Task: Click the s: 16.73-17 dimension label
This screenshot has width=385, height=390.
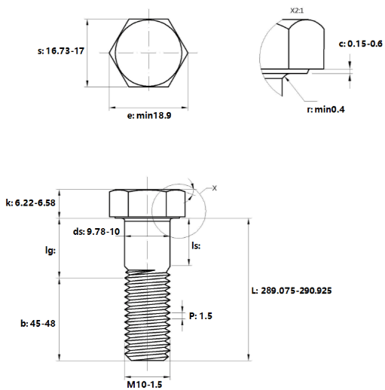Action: [x=61, y=51]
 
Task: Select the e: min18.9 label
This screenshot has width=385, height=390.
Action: [x=149, y=115]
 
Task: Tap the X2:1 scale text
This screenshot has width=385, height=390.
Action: [x=297, y=11]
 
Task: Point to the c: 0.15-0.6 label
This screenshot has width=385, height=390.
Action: [x=360, y=44]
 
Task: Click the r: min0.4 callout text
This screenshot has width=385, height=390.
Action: [x=325, y=109]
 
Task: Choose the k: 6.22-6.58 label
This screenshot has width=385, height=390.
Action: [x=30, y=203]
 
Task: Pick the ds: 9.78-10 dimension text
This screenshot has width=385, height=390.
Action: [x=96, y=231]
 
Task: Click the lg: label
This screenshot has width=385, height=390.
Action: [x=50, y=251]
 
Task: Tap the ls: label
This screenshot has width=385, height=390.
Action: [x=196, y=245]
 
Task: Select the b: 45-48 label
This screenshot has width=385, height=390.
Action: [x=38, y=324]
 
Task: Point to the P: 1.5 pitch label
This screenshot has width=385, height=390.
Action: [x=200, y=315]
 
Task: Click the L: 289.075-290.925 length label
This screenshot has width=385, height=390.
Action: [x=292, y=291]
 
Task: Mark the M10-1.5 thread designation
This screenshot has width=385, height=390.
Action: [x=145, y=385]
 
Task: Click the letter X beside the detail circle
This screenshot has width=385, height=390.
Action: [x=214, y=188]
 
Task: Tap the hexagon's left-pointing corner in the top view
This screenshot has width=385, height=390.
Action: [x=109, y=53]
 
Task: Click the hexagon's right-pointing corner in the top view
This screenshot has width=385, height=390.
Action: [x=188, y=53]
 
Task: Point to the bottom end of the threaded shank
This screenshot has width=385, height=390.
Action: [x=148, y=361]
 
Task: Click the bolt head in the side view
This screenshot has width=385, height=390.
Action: [x=148, y=203]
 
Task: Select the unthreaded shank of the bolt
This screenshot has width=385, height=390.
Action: [x=148, y=244]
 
